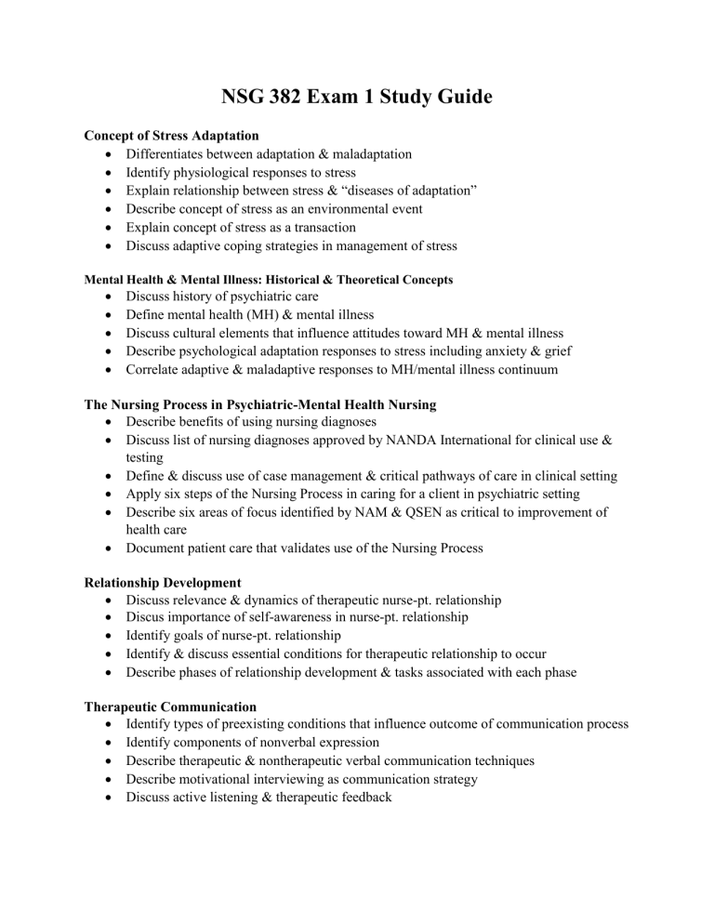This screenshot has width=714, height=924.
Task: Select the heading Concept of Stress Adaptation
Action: coord(171,136)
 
